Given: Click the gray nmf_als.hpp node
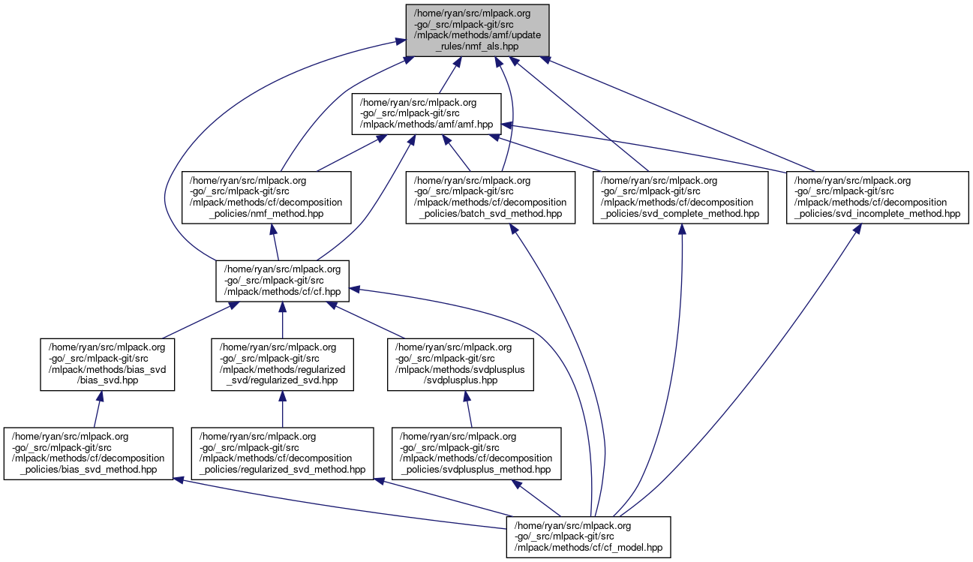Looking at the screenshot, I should click(478, 30).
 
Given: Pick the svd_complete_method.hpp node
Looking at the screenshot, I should click(681, 197).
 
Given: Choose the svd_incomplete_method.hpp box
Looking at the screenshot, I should click(878, 197).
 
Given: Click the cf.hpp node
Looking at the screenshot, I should click(282, 281).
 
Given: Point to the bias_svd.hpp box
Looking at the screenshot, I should click(107, 365).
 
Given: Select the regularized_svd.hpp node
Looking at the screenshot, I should click(282, 365).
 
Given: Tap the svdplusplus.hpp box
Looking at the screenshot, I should click(460, 365).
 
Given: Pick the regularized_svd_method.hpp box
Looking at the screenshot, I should click(282, 453).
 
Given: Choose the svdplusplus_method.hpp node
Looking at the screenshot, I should click(476, 453).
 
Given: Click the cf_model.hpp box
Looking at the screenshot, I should click(589, 536).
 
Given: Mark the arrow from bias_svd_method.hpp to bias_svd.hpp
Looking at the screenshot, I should click(98, 410).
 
